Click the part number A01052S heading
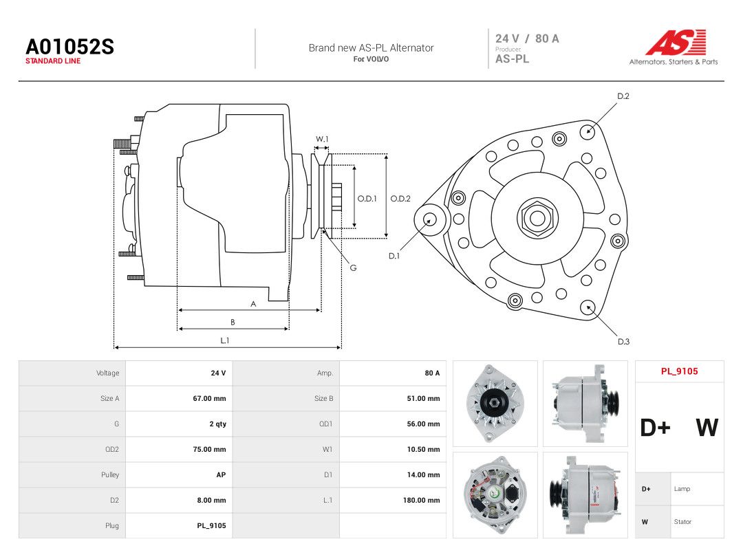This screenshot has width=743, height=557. (x=69, y=47)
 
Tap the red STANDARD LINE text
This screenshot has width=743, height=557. (x=53, y=61)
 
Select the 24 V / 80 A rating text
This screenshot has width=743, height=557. (x=528, y=39)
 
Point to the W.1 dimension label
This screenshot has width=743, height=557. (x=322, y=139)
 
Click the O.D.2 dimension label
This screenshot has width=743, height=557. (x=400, y=199)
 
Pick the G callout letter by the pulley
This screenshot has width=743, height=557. (x=353, y=267)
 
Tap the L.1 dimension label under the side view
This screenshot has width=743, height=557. (x=224, y=340)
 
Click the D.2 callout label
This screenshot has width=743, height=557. (x=623, y=96)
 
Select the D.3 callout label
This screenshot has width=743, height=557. (x=623, y=342)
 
